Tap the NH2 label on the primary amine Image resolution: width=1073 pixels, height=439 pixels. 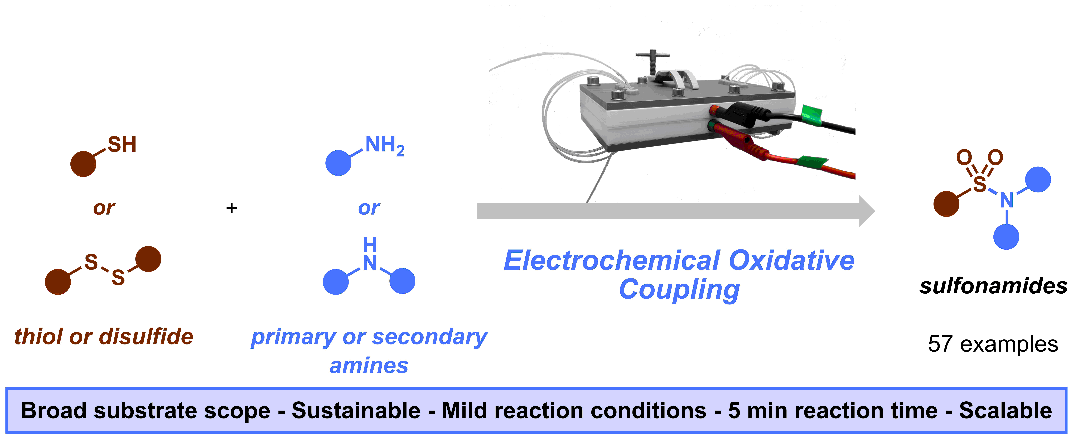(x=384, y=146)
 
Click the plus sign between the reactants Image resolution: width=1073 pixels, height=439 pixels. (x=232, y=208)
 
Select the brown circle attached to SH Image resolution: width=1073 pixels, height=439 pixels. (x=83, y=164)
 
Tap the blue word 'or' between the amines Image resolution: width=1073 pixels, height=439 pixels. (x=369, y=208)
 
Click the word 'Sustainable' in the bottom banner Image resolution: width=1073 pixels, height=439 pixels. (x=356, y=411)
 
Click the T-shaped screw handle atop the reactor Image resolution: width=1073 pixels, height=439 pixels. (x=652, y=62)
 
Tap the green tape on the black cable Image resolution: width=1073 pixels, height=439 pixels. (x=812, y=115)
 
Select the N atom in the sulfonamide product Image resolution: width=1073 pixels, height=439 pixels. (x=1007, y=200)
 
